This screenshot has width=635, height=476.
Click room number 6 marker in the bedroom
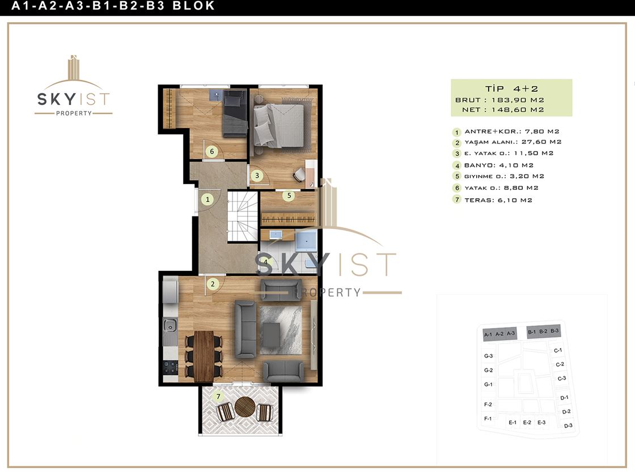[x=211, y=152]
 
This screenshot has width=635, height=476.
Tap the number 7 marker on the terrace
[x=218, y=396]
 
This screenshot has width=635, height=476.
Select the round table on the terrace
[x=244, y=406]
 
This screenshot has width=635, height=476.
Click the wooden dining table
[x=204, y=356]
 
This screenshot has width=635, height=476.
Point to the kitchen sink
[x=170, y=325]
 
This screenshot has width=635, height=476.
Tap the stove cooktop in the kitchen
[x=170, y=367]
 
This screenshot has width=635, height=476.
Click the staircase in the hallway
[x=243, y=216]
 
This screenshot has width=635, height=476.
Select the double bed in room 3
[x=278, y=125]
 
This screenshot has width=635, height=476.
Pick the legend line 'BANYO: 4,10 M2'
[x=498, y=165]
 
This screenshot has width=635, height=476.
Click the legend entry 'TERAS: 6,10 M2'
[x=498, y=200]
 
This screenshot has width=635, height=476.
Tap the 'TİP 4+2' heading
[x=511, y=88]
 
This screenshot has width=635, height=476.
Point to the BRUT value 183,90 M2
[x=518, y=100]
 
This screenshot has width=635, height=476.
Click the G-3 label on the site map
[x=488, y=356]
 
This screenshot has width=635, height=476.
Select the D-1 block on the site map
[x=564, y=398]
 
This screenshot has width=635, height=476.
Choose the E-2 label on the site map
[x=527, y=423]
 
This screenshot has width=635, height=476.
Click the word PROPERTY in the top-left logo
[x=74, y=113]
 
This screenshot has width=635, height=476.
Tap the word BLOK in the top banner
[x=193, y=6]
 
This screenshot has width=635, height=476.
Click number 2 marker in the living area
[x=213, y=284]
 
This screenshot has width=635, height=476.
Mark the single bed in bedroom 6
[x=235, y=113]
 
